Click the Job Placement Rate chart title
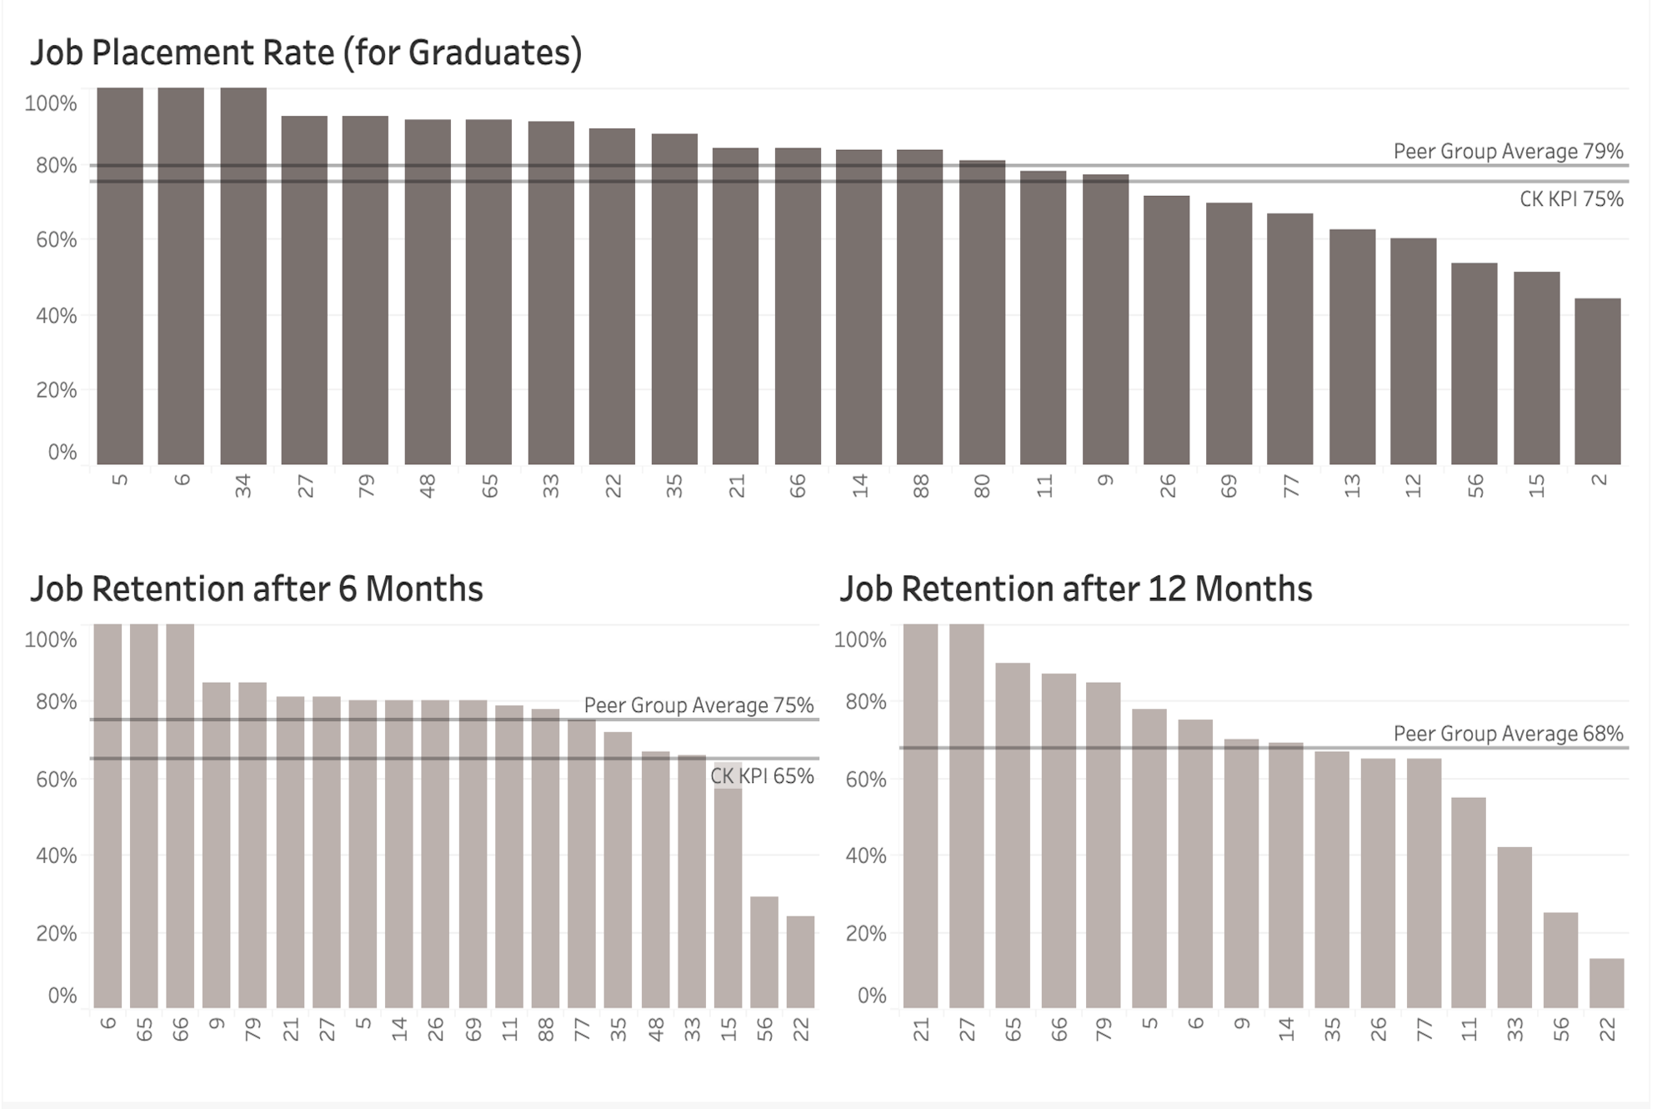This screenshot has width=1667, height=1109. click(305, 53)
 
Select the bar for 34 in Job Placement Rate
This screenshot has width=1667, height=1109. click(243, 275)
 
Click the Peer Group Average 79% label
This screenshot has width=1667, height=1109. click(1508, 151)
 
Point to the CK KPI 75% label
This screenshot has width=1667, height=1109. click(1571, 198)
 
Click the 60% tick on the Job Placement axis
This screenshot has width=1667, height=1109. click(56, 240)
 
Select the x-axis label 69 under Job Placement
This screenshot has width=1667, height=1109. click(1229, 485)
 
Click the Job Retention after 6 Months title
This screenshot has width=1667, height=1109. click(257, 589)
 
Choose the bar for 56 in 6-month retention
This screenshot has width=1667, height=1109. click(764, 952)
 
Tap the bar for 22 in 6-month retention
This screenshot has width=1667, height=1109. click(800, 962)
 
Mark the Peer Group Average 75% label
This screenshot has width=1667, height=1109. click(698, 705)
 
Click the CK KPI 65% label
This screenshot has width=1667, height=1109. click(762, 775)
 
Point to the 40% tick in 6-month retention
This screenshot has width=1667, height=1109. click(56, 856)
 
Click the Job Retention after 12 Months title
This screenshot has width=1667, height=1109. click(1076, 589)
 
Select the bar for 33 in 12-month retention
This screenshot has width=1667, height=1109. click(1514, 927)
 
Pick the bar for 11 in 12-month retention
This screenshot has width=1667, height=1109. click(1469, 902)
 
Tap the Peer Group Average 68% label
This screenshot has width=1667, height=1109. click(1508, 734)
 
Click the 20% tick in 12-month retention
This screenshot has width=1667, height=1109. click(866, 933)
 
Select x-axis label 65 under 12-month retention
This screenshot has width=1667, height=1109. click(1013, 1029)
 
